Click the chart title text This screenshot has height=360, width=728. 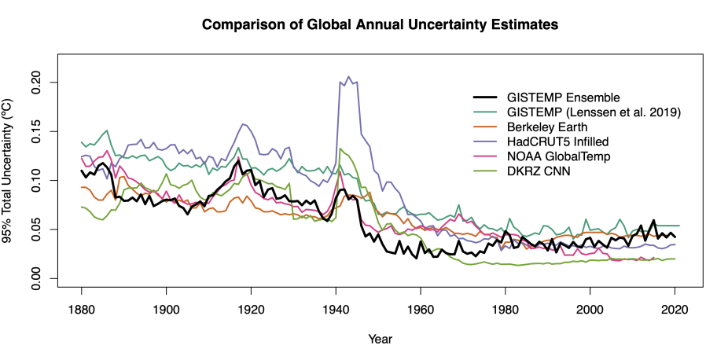[380, 24]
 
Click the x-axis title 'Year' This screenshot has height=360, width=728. [380, 339]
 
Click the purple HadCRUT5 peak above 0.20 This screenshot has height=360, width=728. [348, 77]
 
